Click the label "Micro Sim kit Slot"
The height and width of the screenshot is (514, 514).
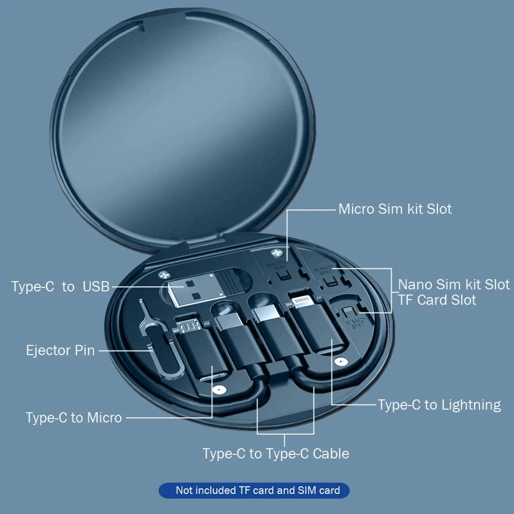click(395, 209)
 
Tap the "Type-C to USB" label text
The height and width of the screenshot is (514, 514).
click(61, 287)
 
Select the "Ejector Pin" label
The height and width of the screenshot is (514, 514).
click(60, 351)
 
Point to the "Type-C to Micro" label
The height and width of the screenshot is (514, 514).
click(74, 417)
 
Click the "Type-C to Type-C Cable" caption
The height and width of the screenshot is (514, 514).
click(276, 453)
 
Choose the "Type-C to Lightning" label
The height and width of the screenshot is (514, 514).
click(439, 405)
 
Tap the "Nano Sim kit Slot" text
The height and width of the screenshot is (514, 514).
click(454, 284)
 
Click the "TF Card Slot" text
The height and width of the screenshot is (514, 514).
click(437, 300)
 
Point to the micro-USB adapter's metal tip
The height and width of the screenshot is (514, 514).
click(188, 325)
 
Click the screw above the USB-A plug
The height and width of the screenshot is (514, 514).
click(163, 274)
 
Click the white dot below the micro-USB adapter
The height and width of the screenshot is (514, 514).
click(219, 391)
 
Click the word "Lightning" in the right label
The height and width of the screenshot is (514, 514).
click(470, 405)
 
